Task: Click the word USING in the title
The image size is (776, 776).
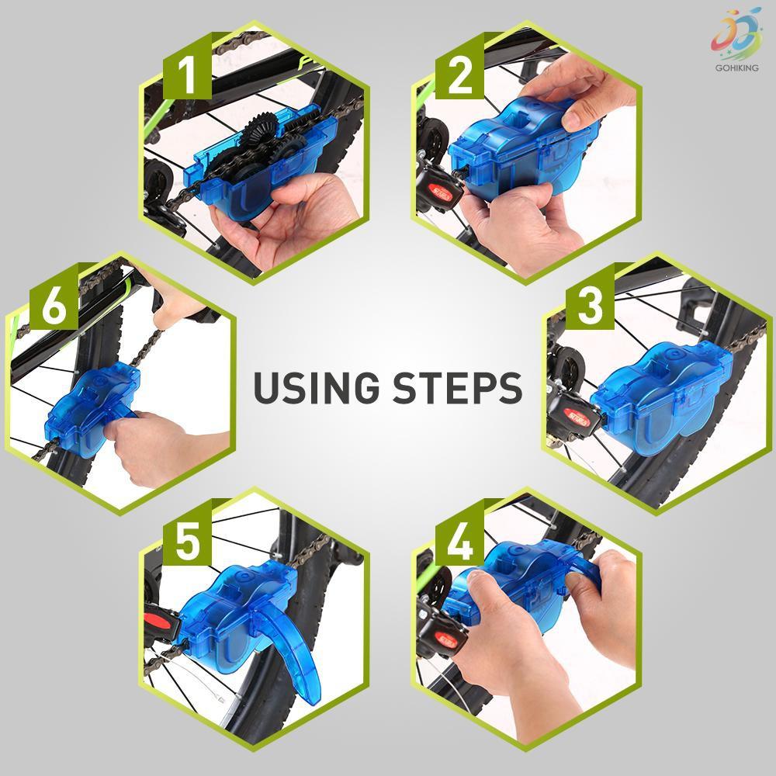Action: tap(317, 388)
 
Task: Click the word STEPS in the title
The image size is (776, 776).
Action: tap(458, 388)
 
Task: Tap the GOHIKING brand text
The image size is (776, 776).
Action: tap(736, 68)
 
